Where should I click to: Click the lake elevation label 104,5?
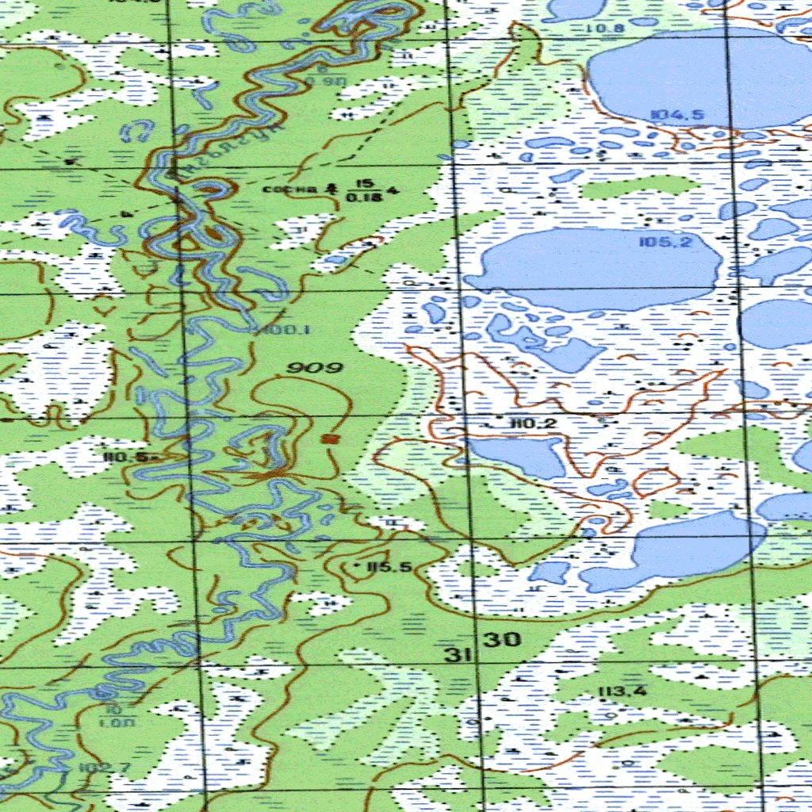[676, 115]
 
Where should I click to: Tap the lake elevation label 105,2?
[665, 243]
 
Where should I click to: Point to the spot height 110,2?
[534, 424]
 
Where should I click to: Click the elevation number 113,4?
[622, 691]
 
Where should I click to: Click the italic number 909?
[315, 367]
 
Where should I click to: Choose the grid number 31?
[454, 655]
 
